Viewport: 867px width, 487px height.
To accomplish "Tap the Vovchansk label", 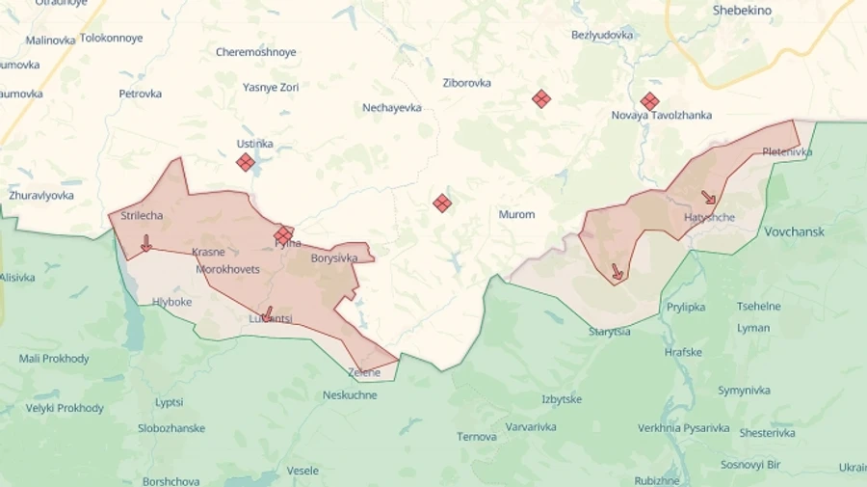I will click(794, 232).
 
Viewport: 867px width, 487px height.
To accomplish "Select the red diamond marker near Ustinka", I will click(246, 162).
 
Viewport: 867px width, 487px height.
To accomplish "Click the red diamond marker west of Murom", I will click(442, 203).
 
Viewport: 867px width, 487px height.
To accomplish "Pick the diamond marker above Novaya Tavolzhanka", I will click(650, 101).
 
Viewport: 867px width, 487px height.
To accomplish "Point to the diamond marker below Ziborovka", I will click(541, 98).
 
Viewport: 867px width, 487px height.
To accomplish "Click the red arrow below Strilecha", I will click(145, 243).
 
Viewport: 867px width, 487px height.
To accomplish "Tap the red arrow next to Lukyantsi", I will click(267, 313).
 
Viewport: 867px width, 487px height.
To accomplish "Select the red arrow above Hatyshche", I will click(708, 198).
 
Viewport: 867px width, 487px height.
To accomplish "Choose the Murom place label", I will click(516, 214).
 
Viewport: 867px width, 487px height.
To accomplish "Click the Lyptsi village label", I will click(170, 402).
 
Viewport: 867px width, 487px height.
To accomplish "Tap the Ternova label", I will click(477, 437).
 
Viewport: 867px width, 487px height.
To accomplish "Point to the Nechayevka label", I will click(392, 108).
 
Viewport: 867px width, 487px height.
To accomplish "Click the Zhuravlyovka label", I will click(41, 195).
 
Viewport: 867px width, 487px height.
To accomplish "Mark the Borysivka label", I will click(334, 258).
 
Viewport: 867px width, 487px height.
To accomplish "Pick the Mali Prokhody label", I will click(54, 359).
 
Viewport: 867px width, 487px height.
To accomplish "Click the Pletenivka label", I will click(787, 152).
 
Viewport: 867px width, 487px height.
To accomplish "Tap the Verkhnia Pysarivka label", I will click(683, 427).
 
